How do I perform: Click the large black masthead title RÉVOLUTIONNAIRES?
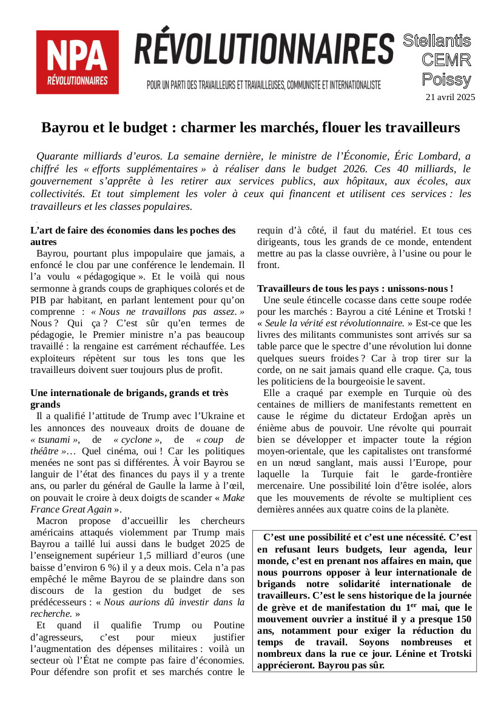click(x=264, y=50)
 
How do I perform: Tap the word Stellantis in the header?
click(x=437, y=41)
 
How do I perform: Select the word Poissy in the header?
click(x=446, y=79)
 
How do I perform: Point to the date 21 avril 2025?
click(x=450, y=97)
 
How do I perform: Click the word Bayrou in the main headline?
click(x=64, y=128)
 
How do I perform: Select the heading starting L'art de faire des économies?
click(x=133, y=236)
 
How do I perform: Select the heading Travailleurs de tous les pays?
click(x=355, y=289)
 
